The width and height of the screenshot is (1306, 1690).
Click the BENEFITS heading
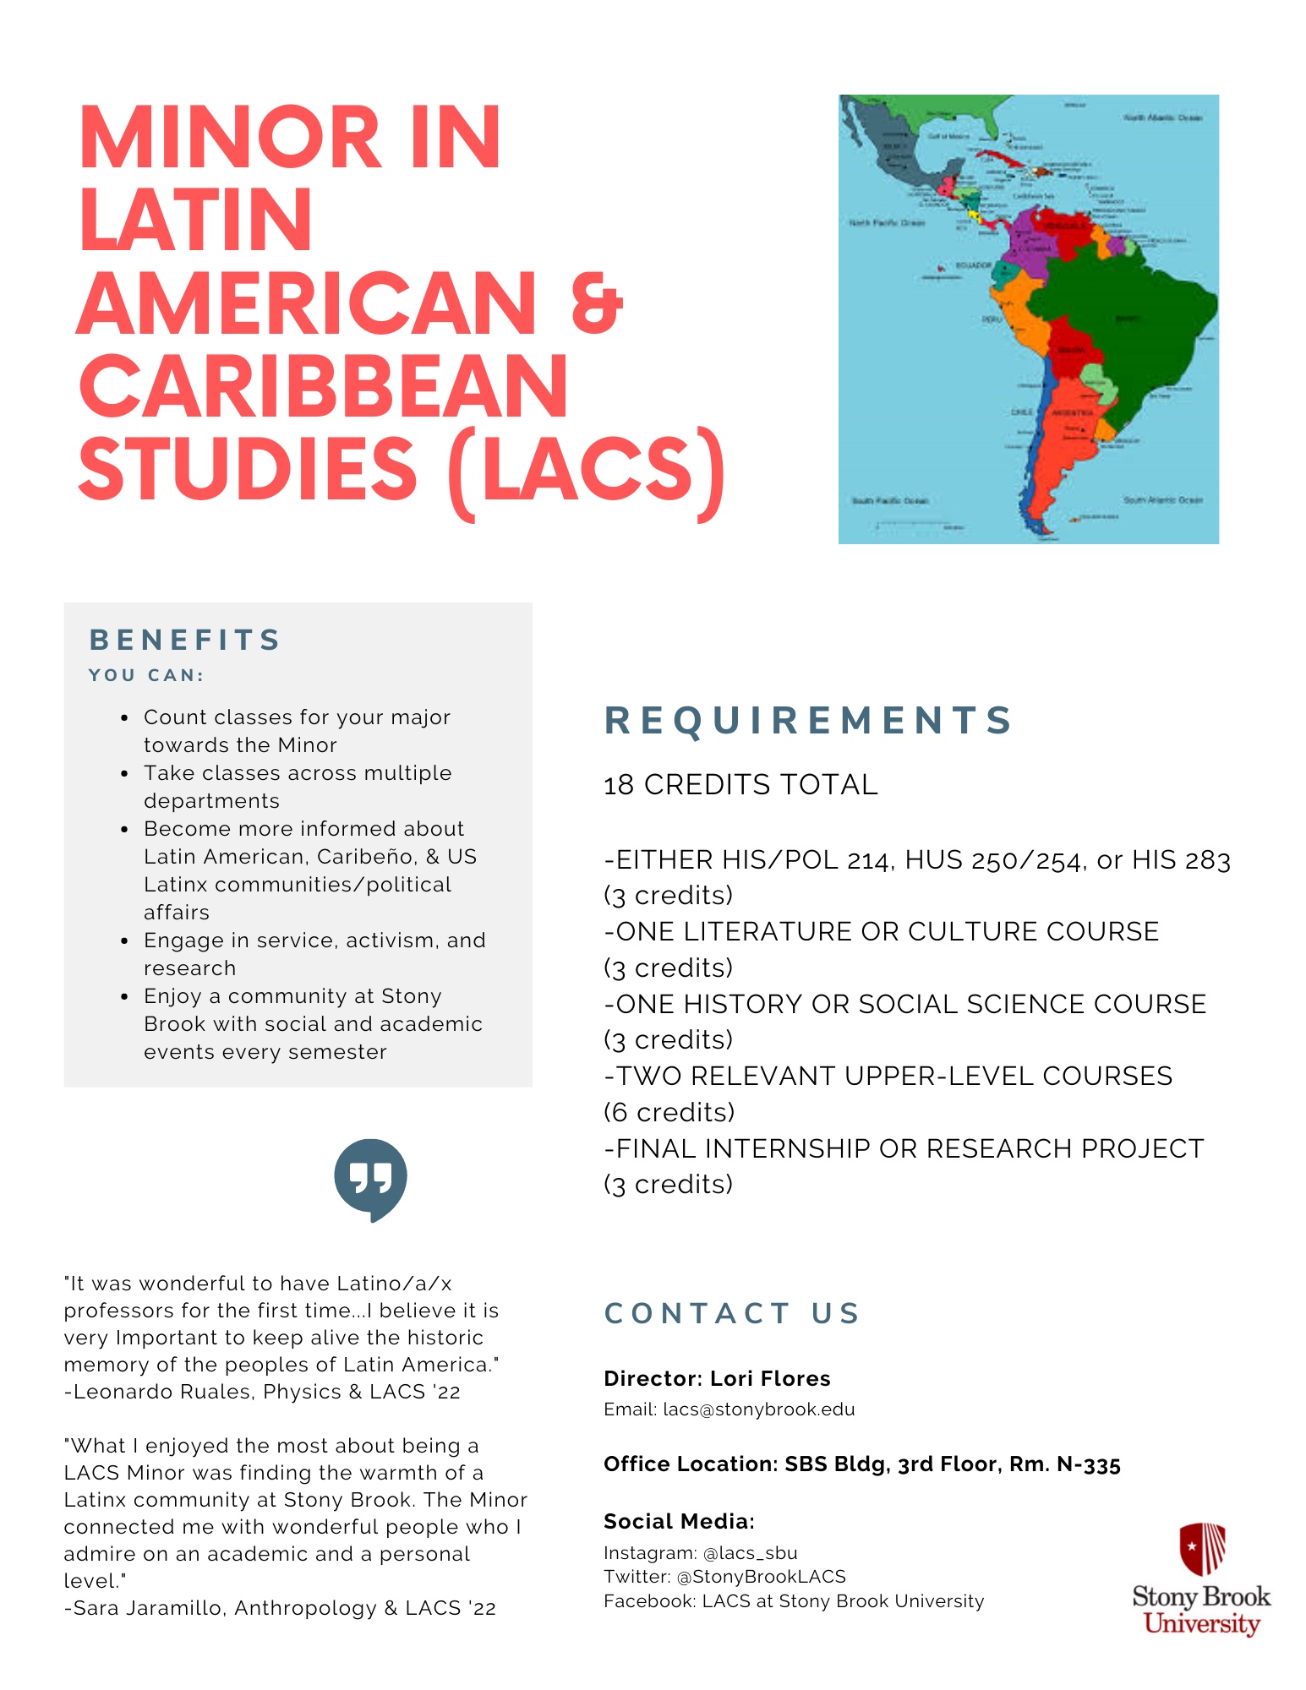point(185,640)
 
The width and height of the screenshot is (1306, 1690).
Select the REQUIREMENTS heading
point(809,721)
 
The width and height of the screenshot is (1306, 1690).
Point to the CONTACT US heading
point(732,1313)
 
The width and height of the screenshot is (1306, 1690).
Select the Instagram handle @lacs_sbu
point(750,1553)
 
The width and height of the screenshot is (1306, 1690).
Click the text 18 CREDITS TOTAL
point(740,785)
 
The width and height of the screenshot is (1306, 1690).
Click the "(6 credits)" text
point(669,1112)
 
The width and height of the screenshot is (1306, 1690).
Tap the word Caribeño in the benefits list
point(366,857)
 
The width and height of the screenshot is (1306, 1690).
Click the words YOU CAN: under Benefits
point(146,675)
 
